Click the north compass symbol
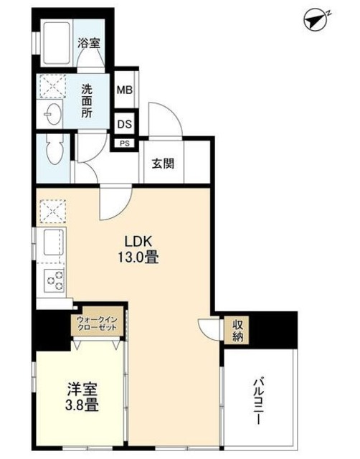tap(316, 19)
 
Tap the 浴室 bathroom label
tap(89, 42)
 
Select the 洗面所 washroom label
tap(87, 101)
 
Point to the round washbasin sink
tap(52, 113)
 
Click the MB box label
tap(125, 90)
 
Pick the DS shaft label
tap(125, 123)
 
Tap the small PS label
tap(125, 143)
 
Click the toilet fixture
tap(53, 151)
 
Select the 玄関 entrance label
tap(161, 161)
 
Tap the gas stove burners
tap(53, 280)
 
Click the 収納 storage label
tap(237, 330)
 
